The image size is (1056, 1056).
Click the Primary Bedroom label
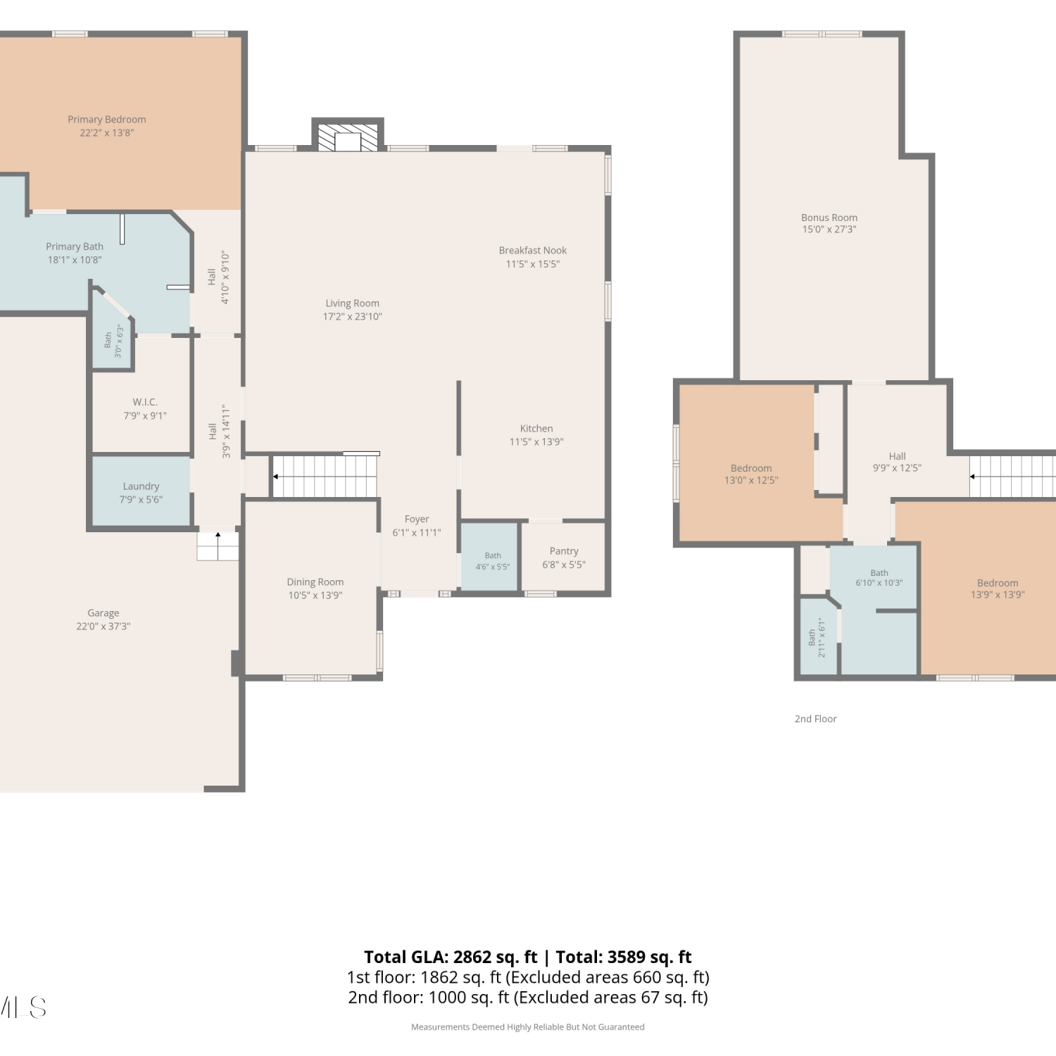(x=107, y=120)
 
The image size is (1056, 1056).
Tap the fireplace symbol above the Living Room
(x=348, y=138)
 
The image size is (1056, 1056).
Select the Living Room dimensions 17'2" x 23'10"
(x=352, y=317)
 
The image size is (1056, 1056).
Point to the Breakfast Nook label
(x=533, y=251)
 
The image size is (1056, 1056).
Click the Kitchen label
(x=536, y=429)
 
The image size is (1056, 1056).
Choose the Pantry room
(x=563, y=557)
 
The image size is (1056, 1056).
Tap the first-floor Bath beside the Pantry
(x=490, y=557)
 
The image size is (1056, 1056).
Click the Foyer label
(x=417, y=520)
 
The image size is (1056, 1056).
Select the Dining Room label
(x=315, y=582)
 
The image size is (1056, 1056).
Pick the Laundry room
(x=142, y=491)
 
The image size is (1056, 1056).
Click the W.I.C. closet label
(x=145, y=402)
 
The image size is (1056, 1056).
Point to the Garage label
(x=103, y=613)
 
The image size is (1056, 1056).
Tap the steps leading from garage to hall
(x=218, y=546)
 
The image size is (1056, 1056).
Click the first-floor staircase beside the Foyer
(x=325, y=477)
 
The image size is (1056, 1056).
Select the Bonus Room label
(x=829, y=218)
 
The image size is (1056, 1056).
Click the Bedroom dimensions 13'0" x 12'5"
(x=751, y=480)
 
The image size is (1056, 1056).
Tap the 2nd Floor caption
(x=816, y=719)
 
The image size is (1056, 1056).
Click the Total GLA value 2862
(x=472, y=957)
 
